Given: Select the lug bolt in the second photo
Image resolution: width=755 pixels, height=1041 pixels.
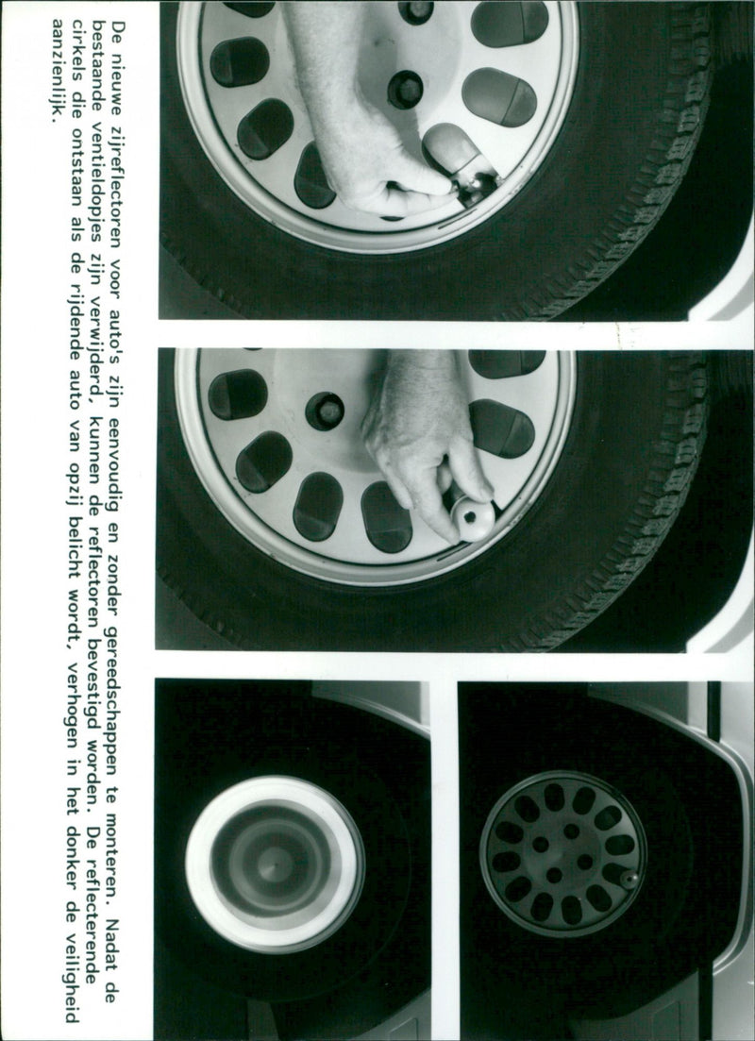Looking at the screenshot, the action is (x=325, y=411).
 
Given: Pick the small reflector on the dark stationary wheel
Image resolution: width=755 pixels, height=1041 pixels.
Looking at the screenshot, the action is (x=629, y=880).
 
